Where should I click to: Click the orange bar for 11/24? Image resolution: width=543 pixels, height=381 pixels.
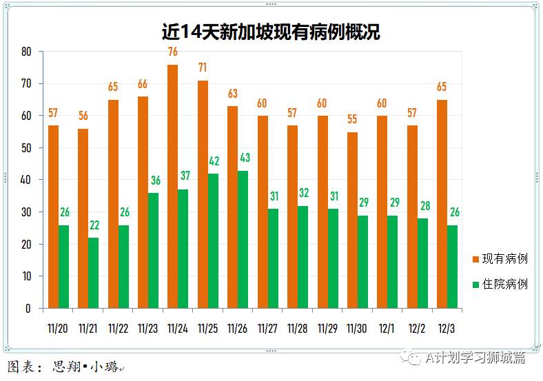click(x=172, y=186)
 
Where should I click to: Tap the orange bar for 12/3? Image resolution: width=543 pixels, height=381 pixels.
click(x=442, y=204)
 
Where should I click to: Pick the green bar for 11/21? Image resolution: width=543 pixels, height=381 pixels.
click(x=93, y=273)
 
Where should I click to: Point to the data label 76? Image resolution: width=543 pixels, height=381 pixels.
click(x=173, y=52)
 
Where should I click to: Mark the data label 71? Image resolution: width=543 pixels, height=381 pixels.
click(x=203, y=68)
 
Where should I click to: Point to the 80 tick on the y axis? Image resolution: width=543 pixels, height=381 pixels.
click(x=26, y=52)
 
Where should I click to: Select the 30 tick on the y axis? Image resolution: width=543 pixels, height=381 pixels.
click(x=26, y=212)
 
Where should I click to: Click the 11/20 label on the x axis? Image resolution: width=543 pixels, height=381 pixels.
click(x=58, y=329)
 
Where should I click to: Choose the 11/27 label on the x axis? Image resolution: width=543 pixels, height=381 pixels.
click(x=267, y=329)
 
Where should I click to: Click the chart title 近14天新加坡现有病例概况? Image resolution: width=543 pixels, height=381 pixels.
click(x=271, y=32)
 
